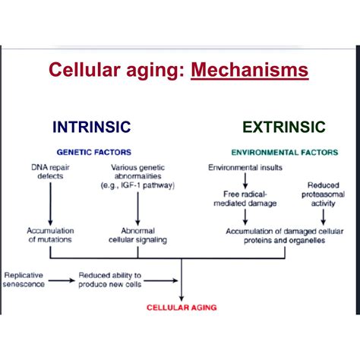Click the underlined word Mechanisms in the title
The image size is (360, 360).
[250, 71]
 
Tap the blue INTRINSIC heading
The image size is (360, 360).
[91, 127]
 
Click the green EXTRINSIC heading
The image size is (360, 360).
[283, 127]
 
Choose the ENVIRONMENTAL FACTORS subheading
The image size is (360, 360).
[284, 152]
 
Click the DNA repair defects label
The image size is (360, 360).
[49, 172]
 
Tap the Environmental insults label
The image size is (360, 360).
[244, 166]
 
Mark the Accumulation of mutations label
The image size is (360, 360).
[49, 235]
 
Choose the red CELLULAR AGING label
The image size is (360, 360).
[182, 308]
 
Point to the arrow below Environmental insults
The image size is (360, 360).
[244, 180]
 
